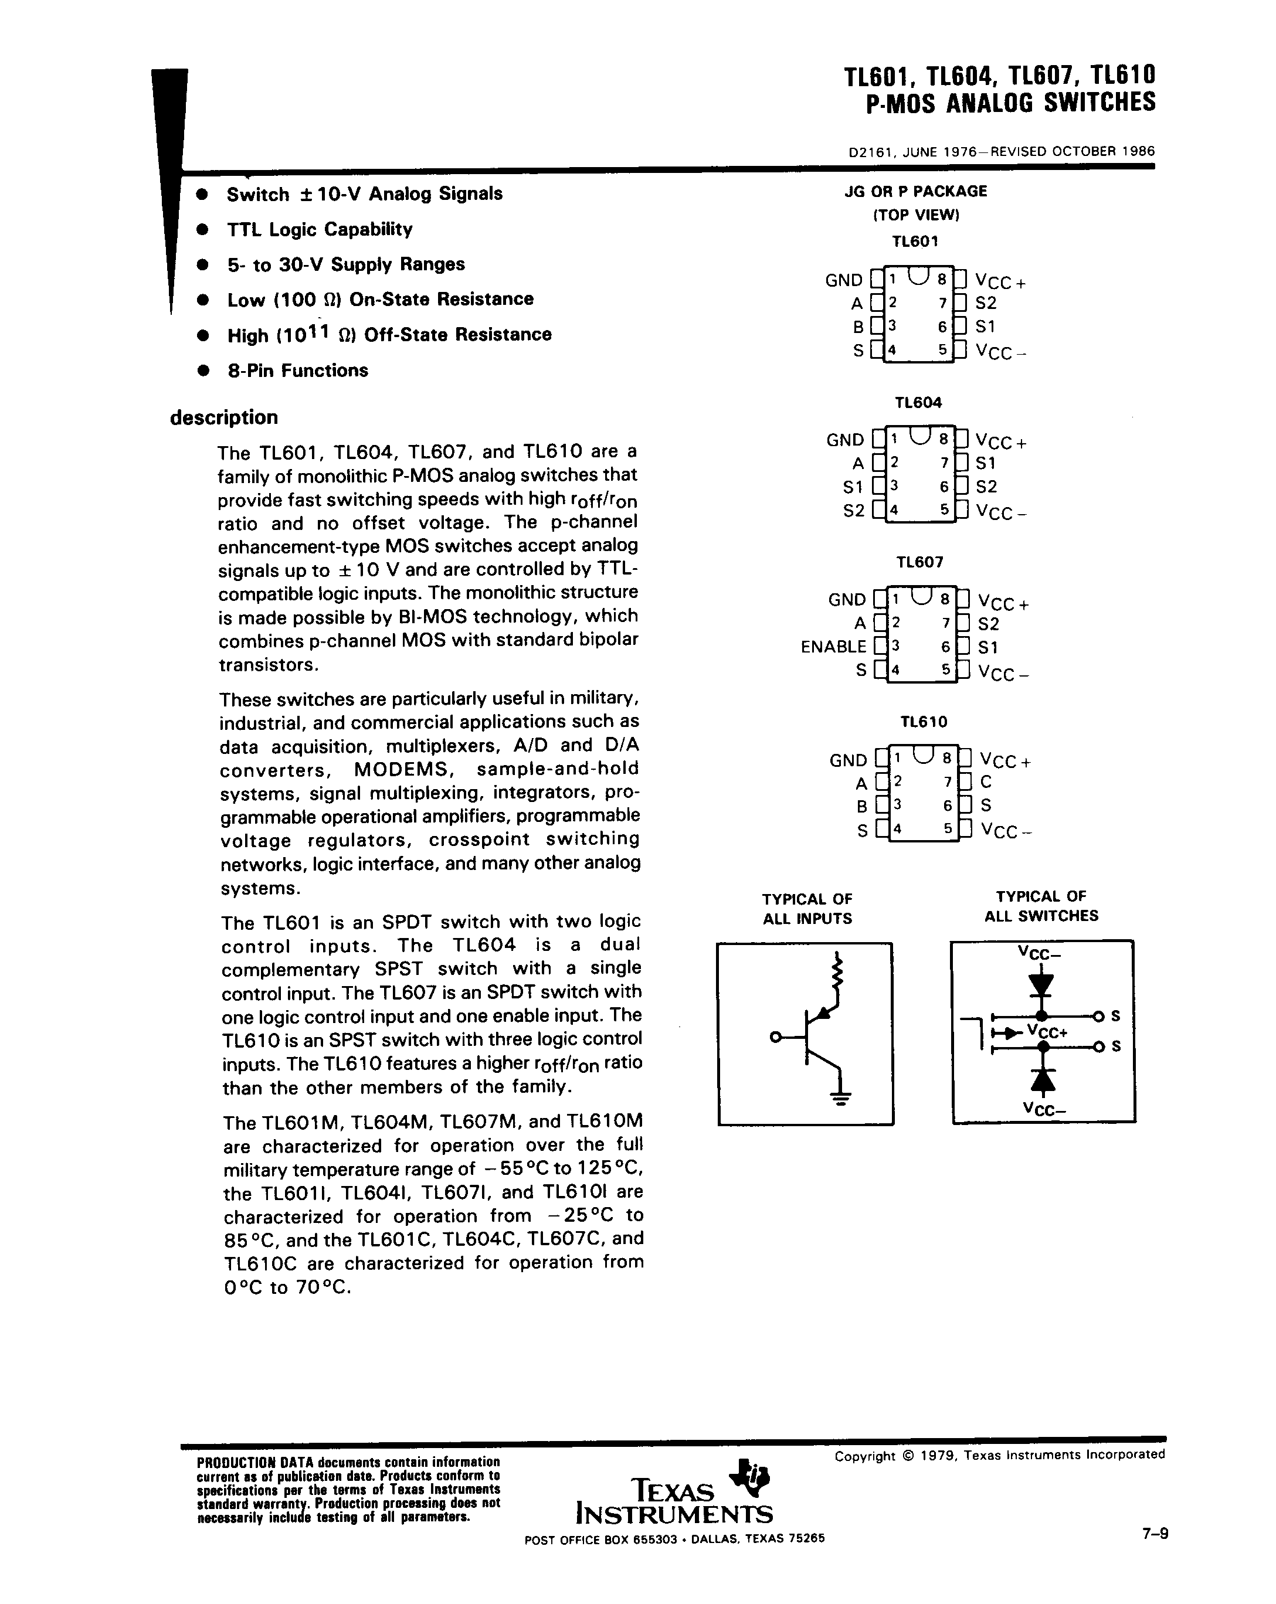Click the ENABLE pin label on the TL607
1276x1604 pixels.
tap(833, 647)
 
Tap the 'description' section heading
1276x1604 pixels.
tap(224, 417)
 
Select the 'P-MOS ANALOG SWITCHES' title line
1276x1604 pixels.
tap(1010, 103)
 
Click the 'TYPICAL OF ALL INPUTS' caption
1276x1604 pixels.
tap(807, 908)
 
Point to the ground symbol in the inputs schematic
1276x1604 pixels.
tap(841, 1098)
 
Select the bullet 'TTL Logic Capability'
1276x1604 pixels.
tap(319, 229)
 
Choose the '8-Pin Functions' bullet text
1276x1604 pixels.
tap(298, 371)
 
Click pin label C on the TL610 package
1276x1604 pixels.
tap(986, 781)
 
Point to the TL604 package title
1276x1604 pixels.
tap(918, 403)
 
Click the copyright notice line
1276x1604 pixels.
tap(999, 1455)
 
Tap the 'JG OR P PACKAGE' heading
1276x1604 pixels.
tap(915, 191)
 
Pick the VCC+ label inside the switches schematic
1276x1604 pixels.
tap(1047, 1031)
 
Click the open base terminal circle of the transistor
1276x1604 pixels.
tap(775, 1037)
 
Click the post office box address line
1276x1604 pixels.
tap(674, 1538)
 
